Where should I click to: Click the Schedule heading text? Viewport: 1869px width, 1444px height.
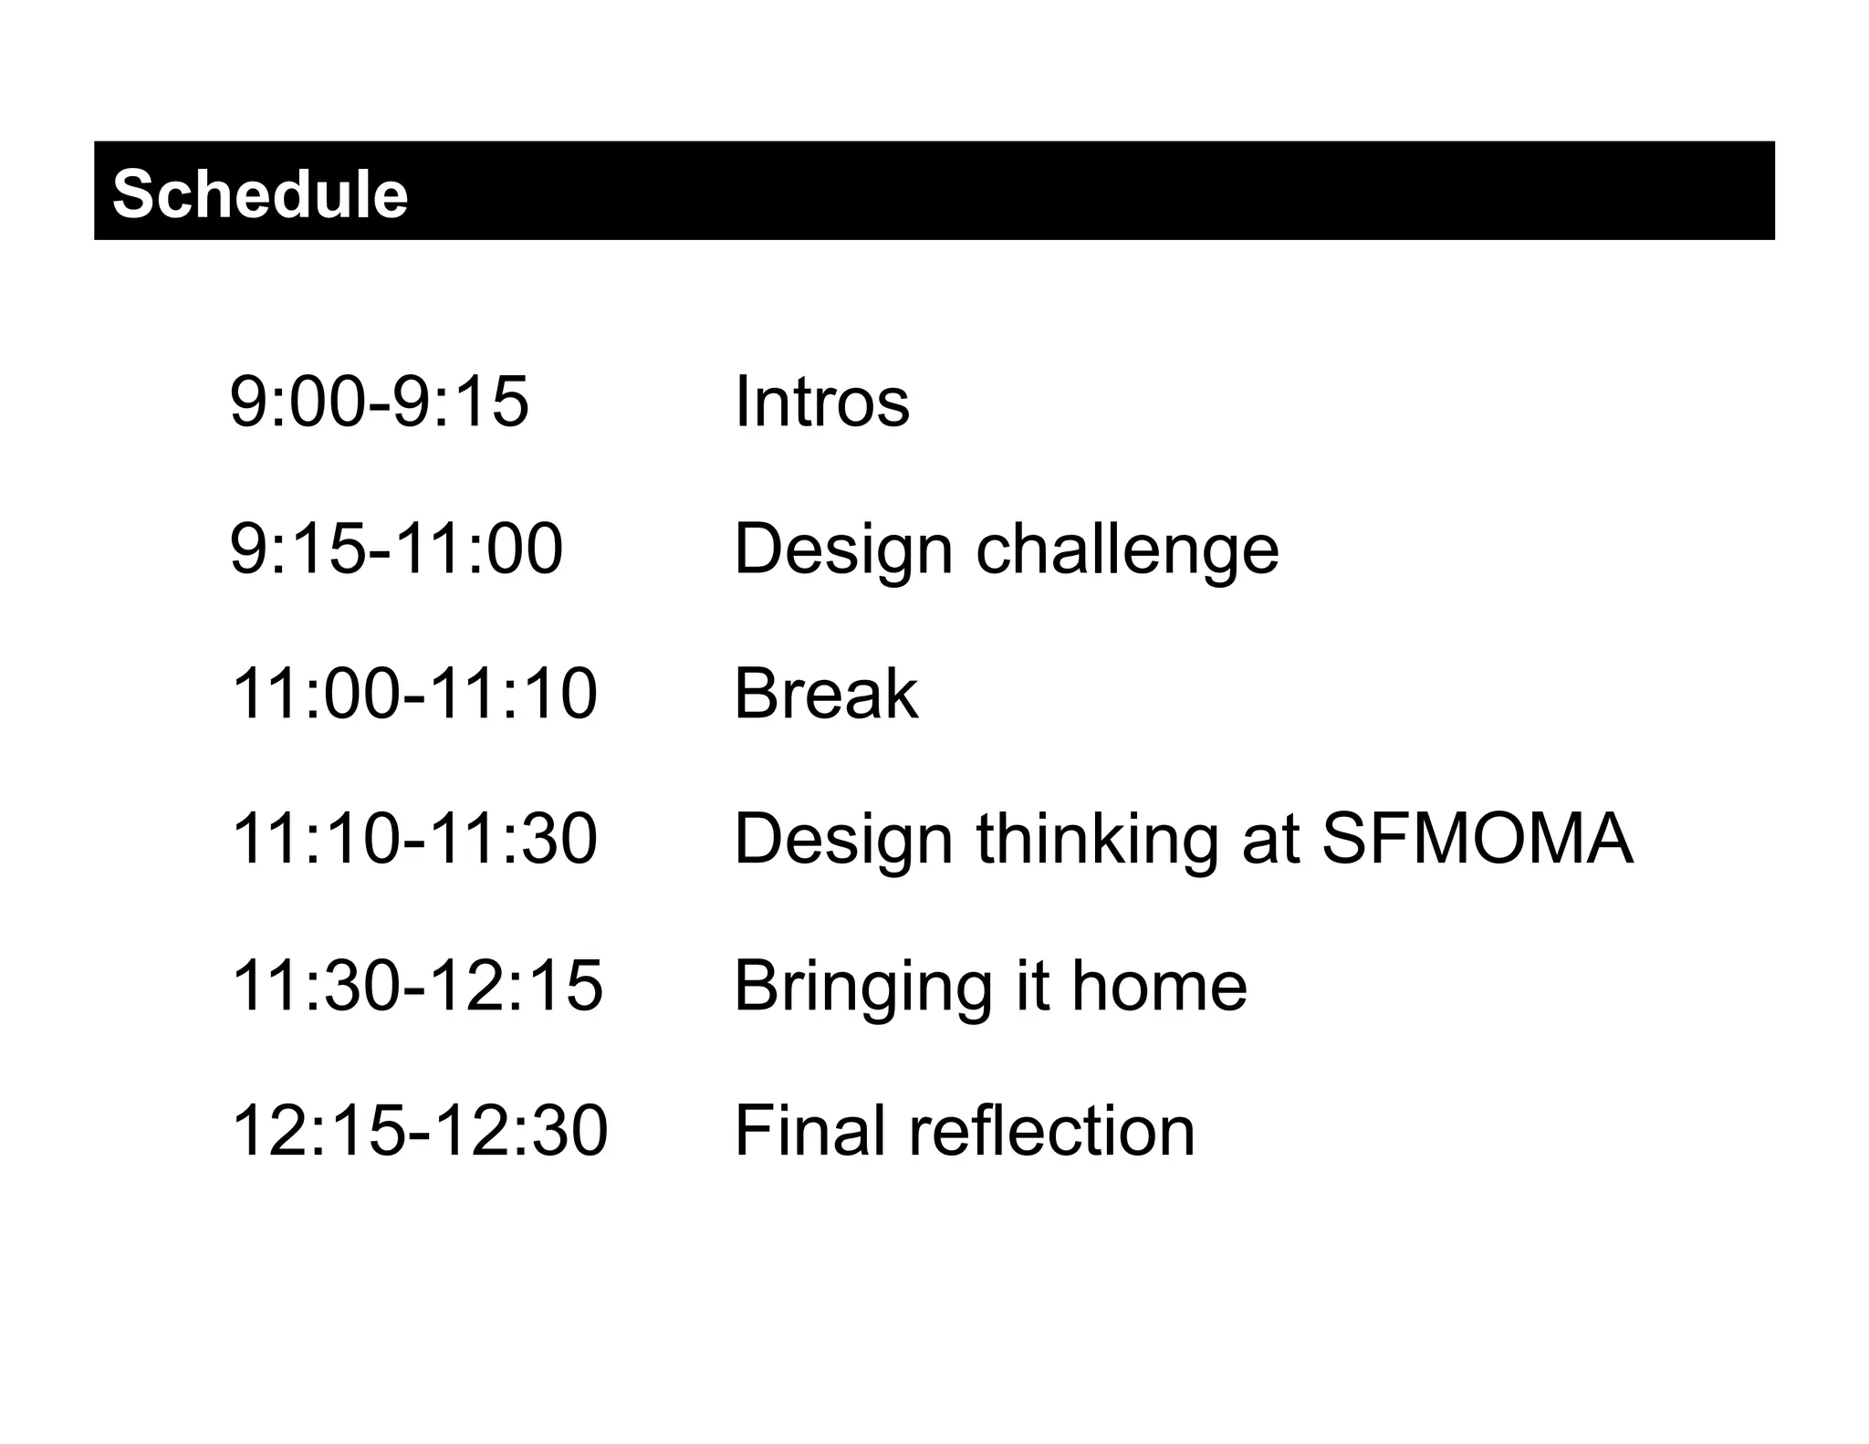tap(260, 194)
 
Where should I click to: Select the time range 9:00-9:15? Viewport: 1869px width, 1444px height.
tap(379, 401)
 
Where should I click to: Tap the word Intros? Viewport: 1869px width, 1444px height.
tap(821, 401)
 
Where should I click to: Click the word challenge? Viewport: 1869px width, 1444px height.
tap(1127, 549)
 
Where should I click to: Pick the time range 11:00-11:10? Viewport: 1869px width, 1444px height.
tap(414, 694)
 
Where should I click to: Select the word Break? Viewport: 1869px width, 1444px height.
tap(826, 694)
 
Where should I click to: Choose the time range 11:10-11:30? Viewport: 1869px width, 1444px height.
tap(414, 839)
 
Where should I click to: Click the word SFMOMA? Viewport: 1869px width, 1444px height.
tap(1477, 839)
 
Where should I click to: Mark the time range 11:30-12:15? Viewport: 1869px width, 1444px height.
tap(417, 986)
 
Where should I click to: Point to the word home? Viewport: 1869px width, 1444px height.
tap(1159, 986)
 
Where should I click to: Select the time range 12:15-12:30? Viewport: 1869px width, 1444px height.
tap(420, 1131)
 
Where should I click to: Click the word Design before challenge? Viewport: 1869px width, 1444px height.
tap(843, 549)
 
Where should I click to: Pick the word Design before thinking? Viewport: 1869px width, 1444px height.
tap(843, 841)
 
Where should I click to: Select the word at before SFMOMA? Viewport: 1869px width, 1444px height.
tap(1270, 841)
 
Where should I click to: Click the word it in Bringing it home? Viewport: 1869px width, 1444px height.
tap(1031, 986)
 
